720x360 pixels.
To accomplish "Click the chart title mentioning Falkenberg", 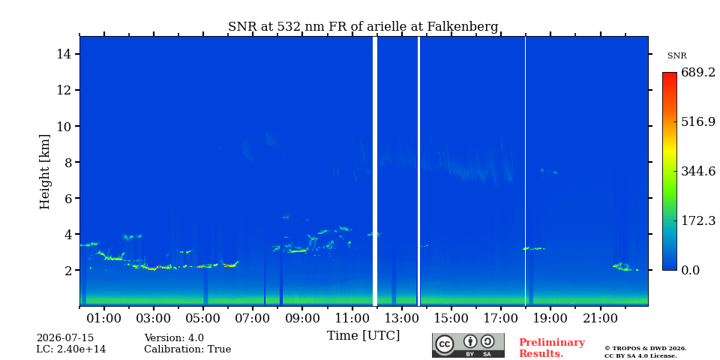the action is click(x=363, y=27).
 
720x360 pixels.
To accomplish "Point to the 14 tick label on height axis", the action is click(x=64, y=54).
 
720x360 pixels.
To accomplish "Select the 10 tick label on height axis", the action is click(x=64, y=126).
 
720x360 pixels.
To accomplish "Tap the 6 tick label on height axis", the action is click(x=68, y=198).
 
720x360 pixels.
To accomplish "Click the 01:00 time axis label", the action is click(x=104, y=318).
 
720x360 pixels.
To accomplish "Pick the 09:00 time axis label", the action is click(x=302, y=318).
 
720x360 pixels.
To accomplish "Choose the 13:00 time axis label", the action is click(x=401, y=318).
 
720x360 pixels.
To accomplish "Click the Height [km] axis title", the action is click(x=44, y=172).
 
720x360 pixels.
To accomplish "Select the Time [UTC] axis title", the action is click(x=363, y=336).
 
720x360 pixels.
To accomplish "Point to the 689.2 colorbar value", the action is click(x=698, y=73).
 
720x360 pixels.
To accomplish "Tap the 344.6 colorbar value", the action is click(x=698, y=171).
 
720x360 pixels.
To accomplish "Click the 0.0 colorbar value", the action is click(x=690, y=270).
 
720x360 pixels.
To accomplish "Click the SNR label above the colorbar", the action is click(x=676, y=56).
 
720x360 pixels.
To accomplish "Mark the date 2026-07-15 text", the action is click(x=65, y=338).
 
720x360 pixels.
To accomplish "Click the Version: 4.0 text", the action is click(x=174, y=338).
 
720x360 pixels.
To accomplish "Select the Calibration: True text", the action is click(x=187, y=349).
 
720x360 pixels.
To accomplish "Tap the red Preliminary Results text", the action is click(x=552, y=348).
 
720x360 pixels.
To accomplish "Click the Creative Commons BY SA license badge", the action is click(x=468, y=345).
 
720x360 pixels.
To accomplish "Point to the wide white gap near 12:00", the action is click(x=375, y=171).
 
